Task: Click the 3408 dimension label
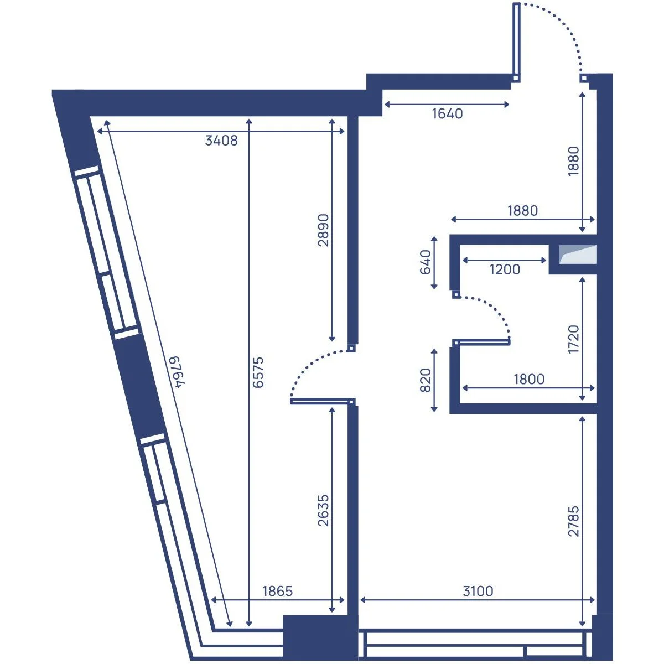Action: pyautogui.click(x=221, y=141)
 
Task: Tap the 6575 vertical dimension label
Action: pyautogui.click(x=258, y=372)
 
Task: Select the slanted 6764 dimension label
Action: pyautogui.click(x=177, y=372)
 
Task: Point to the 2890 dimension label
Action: pyautogui.click(x=323, y=230)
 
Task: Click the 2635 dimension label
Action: pyautogui.click(x=323, y=510)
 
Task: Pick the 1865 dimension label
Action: pyautogui.click(x=277, y=592)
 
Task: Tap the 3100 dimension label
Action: pyautogui.click(x=478, y=592)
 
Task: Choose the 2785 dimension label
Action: pyautogui.click(x=573, y=521)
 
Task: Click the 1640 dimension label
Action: pyautogui.click(x=447, y=114)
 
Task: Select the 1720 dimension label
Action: pyautogui.click(x=573, y=339)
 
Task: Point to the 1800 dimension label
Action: pyautogui.click(x=529, y=380)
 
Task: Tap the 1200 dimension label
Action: pyautogui.click(x=505, y=269)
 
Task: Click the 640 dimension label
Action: pyautogui.click(x=426, y=262)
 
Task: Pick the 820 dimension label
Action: pyautogui.click(x=426, y=380)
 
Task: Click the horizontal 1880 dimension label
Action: pyautogui.click(x=523, y=210)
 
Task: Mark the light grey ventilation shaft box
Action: pyautogui.click(x=578, y=255)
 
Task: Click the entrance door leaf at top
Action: pyautogui.click(x=516, y=42)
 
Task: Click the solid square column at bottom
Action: pyautogui.click(x=319, y=641)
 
